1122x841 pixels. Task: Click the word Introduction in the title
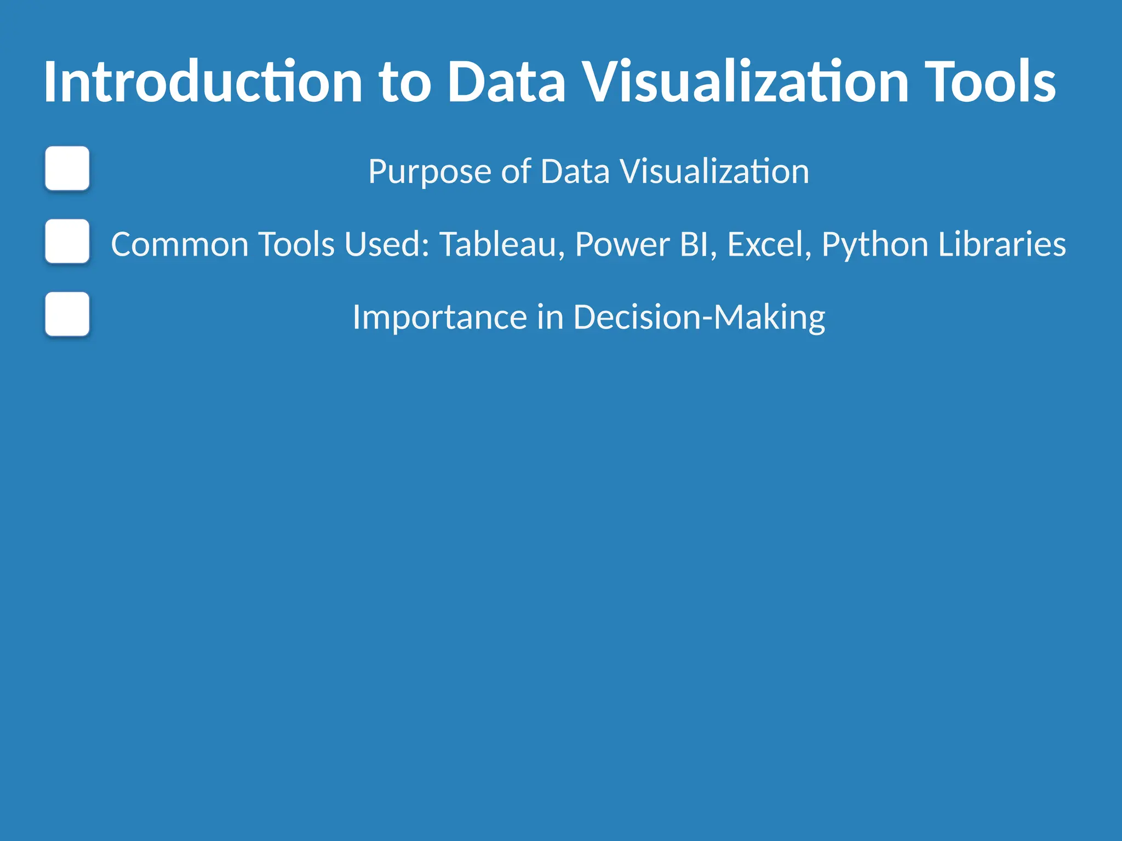click(203, 82)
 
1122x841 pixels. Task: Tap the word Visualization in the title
click(745, 82)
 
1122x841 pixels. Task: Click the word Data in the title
click(506, 82)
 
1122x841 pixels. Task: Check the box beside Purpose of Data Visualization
click(67, 168)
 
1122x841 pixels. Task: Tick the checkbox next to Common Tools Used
click(67, 241)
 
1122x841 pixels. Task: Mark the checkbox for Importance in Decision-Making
click(67, 314)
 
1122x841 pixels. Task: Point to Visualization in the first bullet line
click(714, 171)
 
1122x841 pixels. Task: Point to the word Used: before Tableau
click(387, 244)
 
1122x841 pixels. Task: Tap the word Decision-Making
click(699, 318)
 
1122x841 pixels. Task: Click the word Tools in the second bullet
click(296, 244)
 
